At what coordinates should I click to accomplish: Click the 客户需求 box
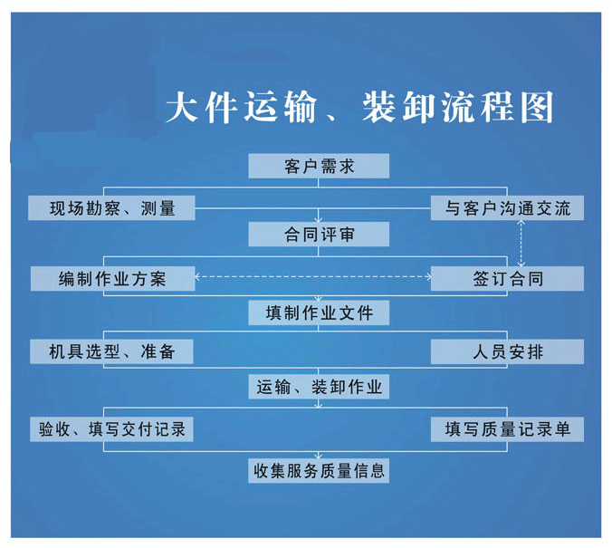coord(319,166)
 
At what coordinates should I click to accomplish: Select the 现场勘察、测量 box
coord(111,207)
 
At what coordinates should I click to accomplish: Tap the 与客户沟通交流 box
coord(507,207)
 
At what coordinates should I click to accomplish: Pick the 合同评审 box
coord(319,235)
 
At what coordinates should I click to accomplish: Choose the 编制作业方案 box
coord(112,278)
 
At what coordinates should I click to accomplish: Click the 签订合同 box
coord(507,278)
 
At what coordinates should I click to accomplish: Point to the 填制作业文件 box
coord(319,312)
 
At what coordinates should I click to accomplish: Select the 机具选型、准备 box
coord(111,351)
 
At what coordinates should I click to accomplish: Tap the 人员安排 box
coord(507,351)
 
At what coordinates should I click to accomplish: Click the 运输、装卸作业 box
coord(319,387)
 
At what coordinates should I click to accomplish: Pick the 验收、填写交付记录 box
coord(111,429)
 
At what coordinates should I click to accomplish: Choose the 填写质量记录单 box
coord(507,429)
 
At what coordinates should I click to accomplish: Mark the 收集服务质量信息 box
coord(319,471)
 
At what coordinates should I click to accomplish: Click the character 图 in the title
coord(537,107)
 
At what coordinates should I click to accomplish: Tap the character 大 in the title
coord(182,107)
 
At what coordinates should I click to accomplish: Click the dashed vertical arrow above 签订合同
coord(521,244)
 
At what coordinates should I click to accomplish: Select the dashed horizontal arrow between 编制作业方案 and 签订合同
coord(312,277)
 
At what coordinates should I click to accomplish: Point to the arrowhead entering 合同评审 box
coord(319,219)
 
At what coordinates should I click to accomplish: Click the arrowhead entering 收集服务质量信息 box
coord(319,456)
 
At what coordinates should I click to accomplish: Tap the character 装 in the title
coord(379,107)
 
